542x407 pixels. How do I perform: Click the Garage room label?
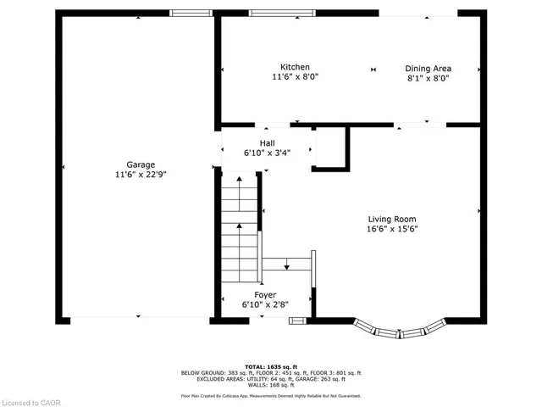(x=141, y=164)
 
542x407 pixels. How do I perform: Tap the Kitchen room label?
(x=295, y=67)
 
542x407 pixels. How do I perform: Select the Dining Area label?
(x=428, y=69)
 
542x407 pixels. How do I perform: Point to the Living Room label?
(x=392, y=219)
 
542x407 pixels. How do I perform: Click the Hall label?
(x=268, y=143)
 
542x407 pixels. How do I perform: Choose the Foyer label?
(x=265, y=295)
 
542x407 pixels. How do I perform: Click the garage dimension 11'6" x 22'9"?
(x=141, y=175)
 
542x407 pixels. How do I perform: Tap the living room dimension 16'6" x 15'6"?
(x=392, y=229)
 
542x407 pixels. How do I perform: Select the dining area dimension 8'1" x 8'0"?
(x=428, y=78)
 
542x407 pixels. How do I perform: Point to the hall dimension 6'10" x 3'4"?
(x=268, y=153)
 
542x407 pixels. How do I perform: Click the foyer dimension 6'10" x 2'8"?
(x=265, y=304)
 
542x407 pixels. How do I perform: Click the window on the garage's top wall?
(x=191, y=14)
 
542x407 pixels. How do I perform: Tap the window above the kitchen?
(x=282, y=14)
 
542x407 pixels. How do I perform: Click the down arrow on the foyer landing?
(x=286, y=264)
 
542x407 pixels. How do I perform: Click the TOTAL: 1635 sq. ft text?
(x=271, y=367)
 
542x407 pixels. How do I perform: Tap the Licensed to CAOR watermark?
(x=30, y=403)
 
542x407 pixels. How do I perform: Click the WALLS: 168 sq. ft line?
(x=271, y=385)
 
